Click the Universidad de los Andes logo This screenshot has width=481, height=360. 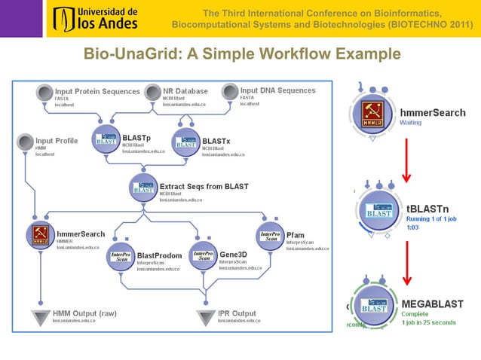(95, 19)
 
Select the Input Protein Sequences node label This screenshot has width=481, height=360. (97, 91)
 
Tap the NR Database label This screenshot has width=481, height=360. (185, 91)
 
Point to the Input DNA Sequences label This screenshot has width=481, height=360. (277, 90)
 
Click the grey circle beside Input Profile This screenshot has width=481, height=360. (25, 142)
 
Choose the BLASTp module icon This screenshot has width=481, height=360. (105, 140)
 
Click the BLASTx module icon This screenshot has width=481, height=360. (185, 140)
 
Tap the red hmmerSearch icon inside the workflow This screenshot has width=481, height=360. (39, 235)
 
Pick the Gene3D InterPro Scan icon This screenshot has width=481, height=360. (202, 256)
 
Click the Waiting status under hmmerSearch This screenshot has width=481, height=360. (411, 122)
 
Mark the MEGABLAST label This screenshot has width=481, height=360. (437, 304)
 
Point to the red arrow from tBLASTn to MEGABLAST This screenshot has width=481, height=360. (406, 257)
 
